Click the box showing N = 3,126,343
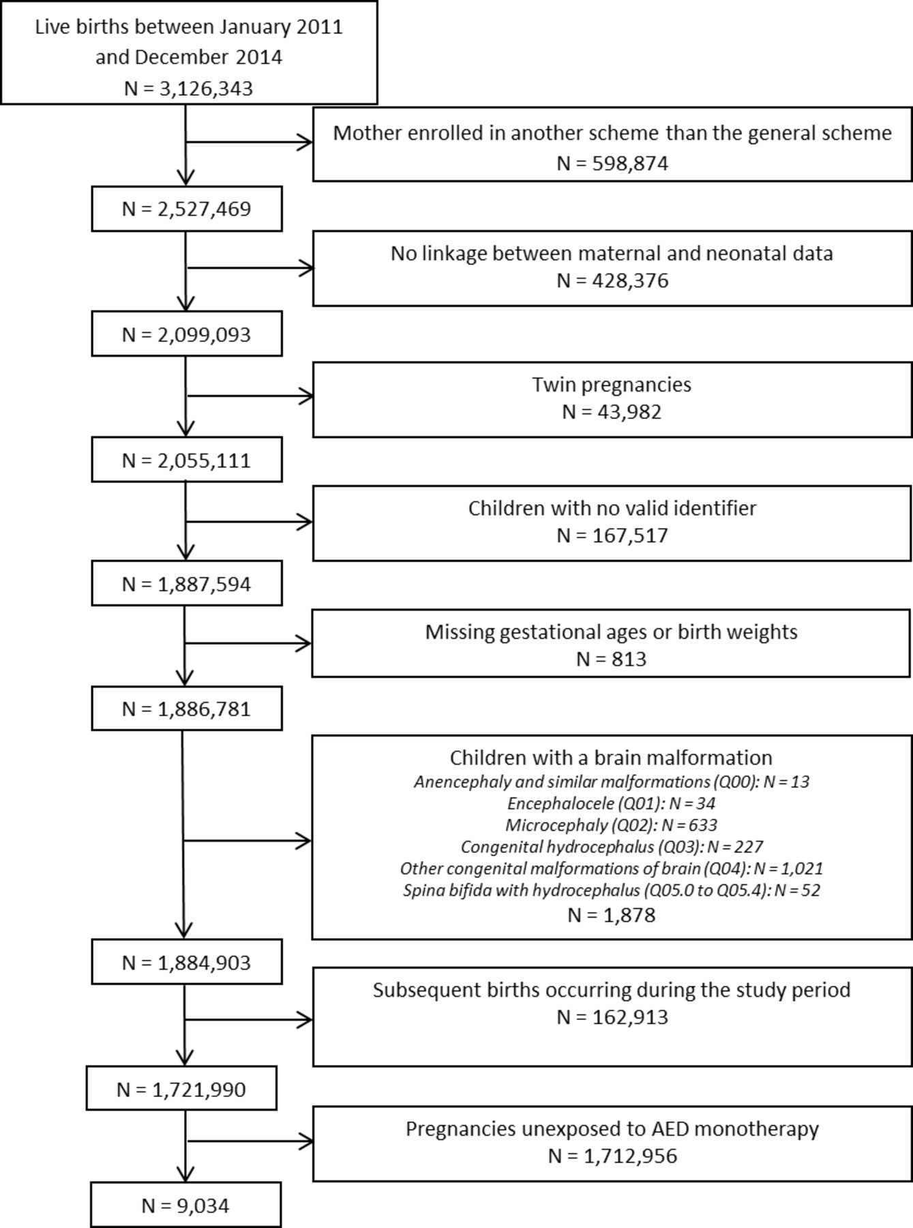tap(189, 53)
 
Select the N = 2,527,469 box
tap(187, 209)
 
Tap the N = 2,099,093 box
tap(187, 334)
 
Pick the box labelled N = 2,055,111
tap(187, 460)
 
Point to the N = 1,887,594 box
tap(187, 583)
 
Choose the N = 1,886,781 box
tap(187, 709)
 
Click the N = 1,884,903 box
tap(187, 962)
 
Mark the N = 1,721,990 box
tap(181, 1088)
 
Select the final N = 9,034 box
tap(185, 1205)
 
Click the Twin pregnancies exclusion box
tap(612, 400)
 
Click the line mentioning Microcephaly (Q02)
tap(612, 825)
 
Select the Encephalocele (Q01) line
tap(612, 803)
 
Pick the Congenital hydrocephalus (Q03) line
tap(612, 847)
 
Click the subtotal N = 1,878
tap(612, 915)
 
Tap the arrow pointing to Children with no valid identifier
tap(249, 522)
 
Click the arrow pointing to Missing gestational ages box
tap(248, 643)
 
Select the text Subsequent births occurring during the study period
tap(612, 990)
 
